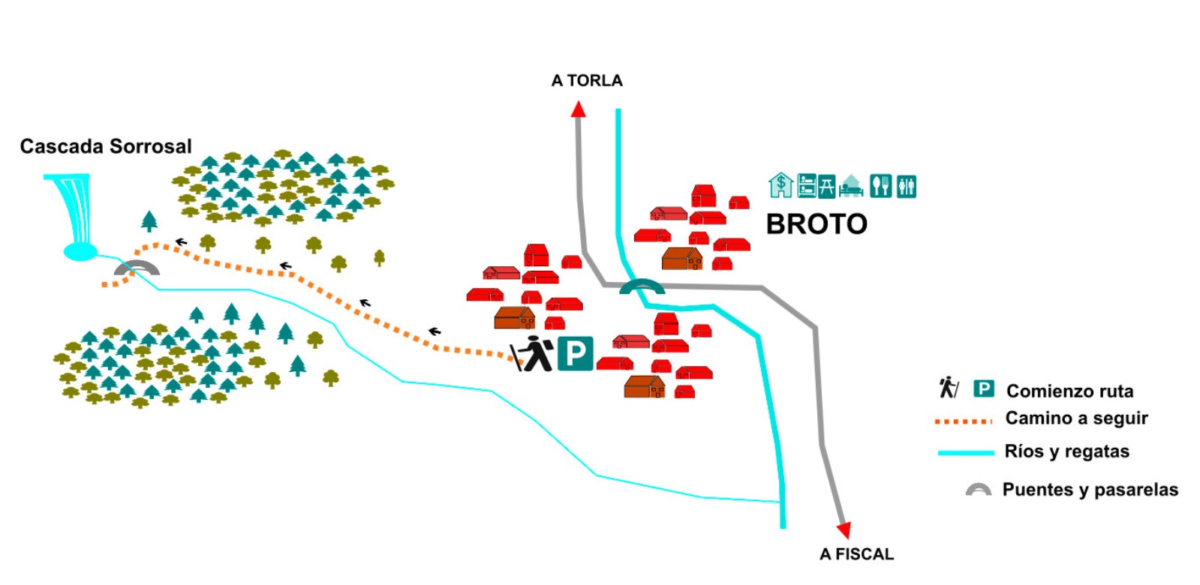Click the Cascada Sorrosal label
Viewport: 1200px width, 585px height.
point(106,146)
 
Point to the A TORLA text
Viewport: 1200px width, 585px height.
point(587,80)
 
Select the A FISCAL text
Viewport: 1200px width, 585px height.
point(856,554)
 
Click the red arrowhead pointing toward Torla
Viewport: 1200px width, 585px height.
point(578,109)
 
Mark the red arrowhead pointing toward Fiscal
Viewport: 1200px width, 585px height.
point(844,529)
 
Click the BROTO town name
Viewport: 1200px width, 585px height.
point(817,224)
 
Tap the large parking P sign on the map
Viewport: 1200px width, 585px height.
point(576,353)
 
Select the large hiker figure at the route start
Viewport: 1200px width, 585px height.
point(534,354)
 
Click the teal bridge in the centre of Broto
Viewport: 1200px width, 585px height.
point(642,286)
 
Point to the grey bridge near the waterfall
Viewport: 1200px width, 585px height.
point(137,268)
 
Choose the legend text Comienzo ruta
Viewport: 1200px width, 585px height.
point(1069,391)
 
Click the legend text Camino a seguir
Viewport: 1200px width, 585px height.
point(1076,418)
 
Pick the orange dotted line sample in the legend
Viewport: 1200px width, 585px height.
point(964,421)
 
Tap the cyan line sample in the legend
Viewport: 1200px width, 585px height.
point(966,452)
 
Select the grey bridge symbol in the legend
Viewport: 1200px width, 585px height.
point(978,490)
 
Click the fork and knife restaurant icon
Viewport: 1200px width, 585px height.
point(880,185)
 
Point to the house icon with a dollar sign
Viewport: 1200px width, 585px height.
point(780,184)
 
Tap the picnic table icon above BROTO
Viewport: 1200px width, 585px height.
point(826,185)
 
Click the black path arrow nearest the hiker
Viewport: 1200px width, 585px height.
point(435,331)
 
